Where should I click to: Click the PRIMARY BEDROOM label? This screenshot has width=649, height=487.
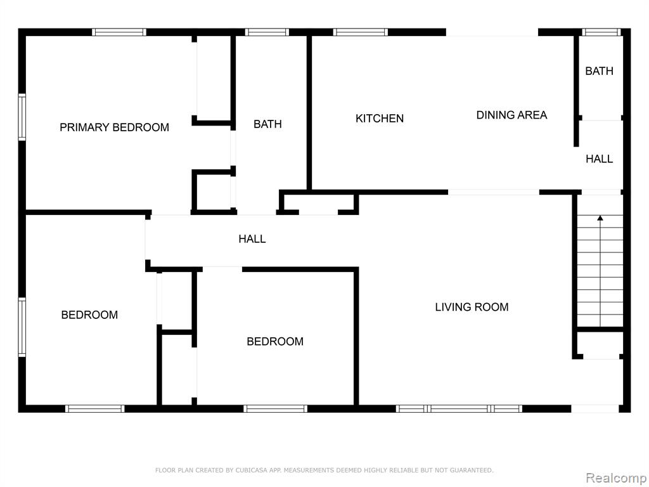114,127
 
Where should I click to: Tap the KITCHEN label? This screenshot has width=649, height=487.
380,119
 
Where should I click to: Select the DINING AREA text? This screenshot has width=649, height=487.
511,115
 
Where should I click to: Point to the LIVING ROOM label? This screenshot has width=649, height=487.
472,307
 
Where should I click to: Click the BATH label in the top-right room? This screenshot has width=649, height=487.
600,71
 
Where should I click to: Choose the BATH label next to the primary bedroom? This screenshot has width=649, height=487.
267,124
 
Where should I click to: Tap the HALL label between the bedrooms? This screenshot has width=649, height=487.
252,238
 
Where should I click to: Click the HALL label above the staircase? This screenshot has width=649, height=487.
600,159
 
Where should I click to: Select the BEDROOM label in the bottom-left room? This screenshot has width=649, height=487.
89,315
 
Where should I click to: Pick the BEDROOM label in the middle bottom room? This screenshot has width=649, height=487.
275,341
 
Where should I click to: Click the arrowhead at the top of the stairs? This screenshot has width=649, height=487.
600,218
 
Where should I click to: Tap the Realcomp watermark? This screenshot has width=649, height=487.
616,478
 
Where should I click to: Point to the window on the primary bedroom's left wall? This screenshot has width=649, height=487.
22,117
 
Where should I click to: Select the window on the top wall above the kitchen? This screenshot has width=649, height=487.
361,32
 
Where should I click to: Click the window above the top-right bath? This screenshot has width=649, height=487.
601,32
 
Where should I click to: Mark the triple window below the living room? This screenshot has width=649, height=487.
459,409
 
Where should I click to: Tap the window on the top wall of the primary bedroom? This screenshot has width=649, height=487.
119,32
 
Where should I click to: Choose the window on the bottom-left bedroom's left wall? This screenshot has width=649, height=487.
22,327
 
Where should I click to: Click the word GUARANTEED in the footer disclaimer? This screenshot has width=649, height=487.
472,470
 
